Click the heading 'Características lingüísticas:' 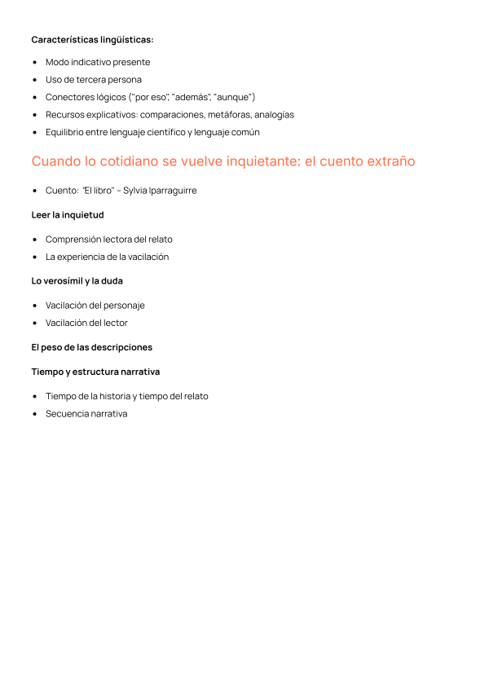tap(92, 39)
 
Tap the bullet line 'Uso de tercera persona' tap(94, 80)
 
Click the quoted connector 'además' tap(189, 97)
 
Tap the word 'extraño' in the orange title tap(387, 161)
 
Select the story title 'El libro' tap(98, 191)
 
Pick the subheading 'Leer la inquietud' tap(68, 215)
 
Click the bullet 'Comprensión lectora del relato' tap(109, 240)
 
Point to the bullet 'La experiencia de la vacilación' tap(107, 257)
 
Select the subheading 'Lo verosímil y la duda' tap(77, 281)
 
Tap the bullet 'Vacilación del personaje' tap(95, 306)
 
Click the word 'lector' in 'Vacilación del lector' tap(115, 323)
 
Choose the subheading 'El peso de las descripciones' tap(91, 347)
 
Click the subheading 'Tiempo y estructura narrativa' tap(95, 372)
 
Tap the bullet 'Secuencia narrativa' tap(86, 413)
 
